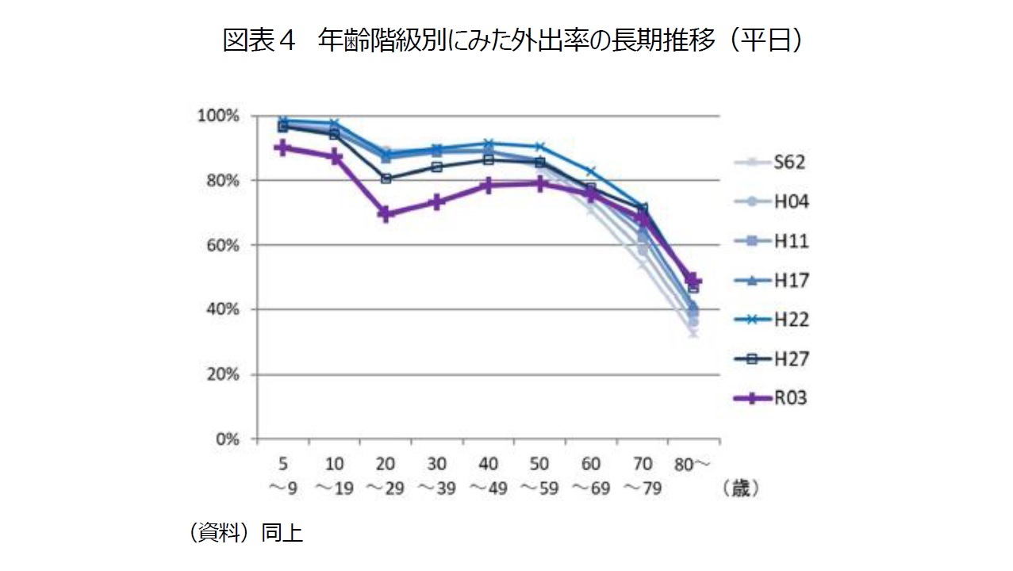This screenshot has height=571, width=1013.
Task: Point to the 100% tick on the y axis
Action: click(x=220, y=116)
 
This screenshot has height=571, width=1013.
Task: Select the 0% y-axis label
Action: click(x=227, y=439)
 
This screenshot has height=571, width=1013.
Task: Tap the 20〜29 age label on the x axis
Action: click(x=386, y=476)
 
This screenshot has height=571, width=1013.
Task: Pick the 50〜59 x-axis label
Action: click(x=539, y=476)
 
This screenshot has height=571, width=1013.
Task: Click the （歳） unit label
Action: click(x=740, y=489)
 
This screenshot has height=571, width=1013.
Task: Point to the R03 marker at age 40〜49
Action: click(x=489, y=186)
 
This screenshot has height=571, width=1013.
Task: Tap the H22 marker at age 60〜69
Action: click(x=591, y=171)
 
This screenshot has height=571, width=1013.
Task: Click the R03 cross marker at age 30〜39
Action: click(x=437, y=202)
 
